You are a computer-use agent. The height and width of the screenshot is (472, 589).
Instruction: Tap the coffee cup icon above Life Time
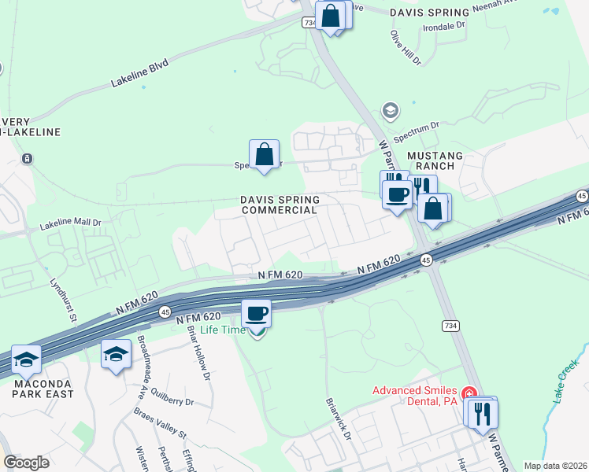[256, 315]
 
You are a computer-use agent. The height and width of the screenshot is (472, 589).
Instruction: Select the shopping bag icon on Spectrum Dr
[265, 153]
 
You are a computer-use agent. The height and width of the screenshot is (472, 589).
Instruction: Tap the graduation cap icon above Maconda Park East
[28, 359]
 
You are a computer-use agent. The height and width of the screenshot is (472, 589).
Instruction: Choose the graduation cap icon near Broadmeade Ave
[116, 353]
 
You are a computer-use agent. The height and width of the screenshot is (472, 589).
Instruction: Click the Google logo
[26, 462]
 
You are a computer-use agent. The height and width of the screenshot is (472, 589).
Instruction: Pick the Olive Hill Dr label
[406, 47]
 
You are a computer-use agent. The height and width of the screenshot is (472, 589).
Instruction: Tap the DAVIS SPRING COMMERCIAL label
[280, 205]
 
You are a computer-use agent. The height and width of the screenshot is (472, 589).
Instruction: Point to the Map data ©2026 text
[555, 466]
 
